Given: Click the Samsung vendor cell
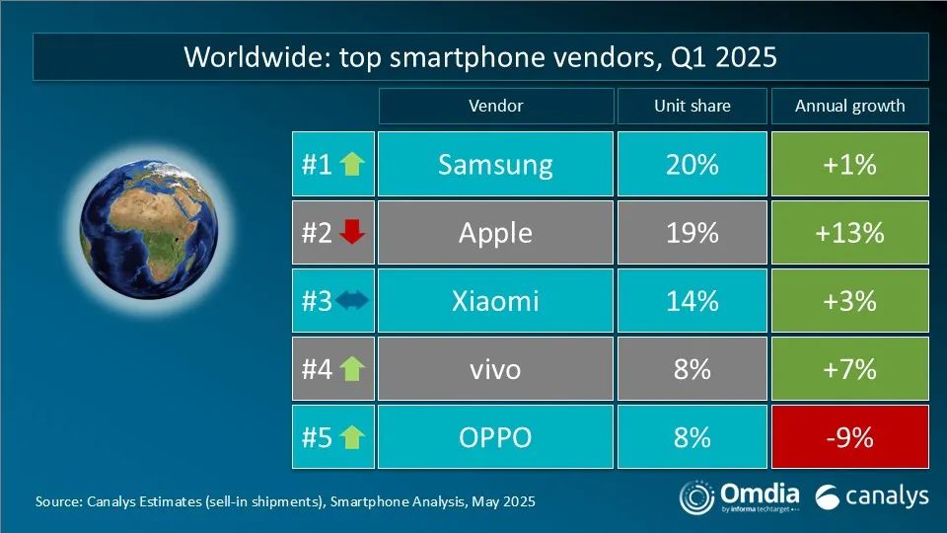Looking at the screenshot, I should pos(495,164).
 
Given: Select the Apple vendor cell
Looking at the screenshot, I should pos(495,232).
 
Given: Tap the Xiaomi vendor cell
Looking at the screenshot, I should pos(495,300).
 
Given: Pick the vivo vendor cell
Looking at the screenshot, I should pos(495,369).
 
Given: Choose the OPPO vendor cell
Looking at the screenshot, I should pos(495,436).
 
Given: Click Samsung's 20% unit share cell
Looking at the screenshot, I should pos(692,164).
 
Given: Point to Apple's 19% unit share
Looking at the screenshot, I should pos(692,232).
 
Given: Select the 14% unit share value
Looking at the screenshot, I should pos(692,300).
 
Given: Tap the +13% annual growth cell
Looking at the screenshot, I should pos(849,232).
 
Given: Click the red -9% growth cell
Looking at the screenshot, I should pos(849,436).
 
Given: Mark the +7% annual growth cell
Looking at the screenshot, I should pos(849,369).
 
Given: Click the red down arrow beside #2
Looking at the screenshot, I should pos(352,233).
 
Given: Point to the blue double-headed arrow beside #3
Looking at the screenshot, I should pos(351,301).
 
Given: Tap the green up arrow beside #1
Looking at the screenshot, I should pos(352,165).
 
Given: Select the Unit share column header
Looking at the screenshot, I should pos(692,106).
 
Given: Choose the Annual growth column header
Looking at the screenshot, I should pos(849,106).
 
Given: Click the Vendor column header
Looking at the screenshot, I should pos(495,106).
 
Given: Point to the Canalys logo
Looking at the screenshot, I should pos(872,495).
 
